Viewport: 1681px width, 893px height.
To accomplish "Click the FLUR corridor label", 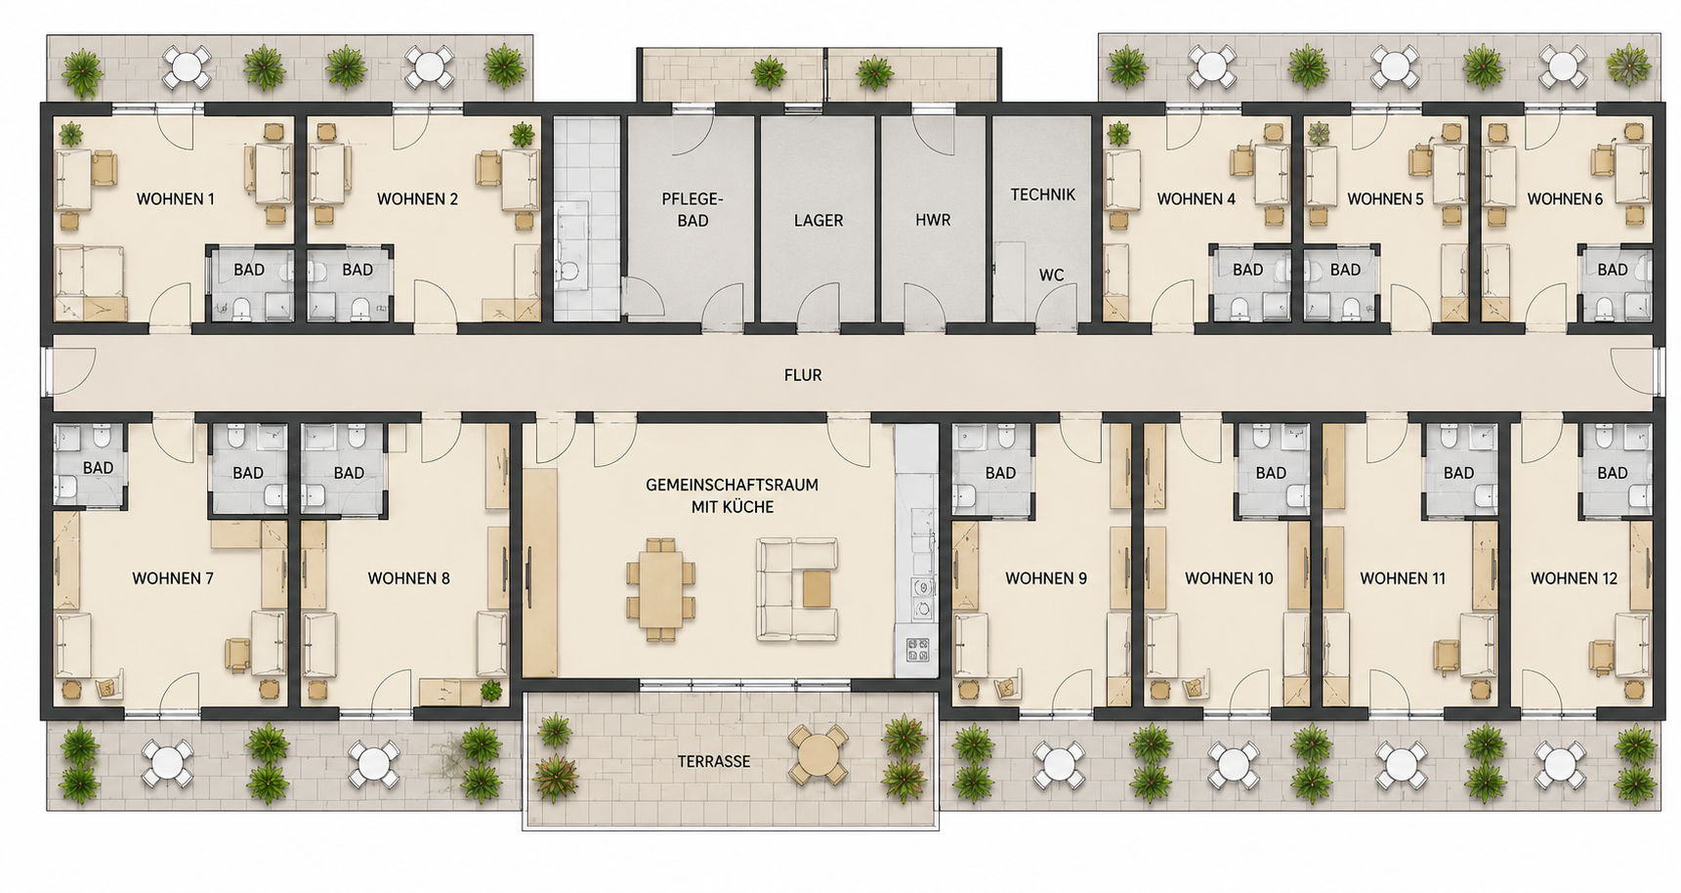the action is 803,375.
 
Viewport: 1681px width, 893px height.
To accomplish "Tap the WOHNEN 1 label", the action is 176,199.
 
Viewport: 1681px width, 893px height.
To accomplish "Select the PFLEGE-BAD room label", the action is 693,209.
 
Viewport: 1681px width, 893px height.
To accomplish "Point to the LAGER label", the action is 819,221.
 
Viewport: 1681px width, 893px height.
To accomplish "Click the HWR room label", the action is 933,221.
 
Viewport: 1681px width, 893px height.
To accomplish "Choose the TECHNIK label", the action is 1043,194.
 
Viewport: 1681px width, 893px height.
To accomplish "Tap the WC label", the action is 1051,276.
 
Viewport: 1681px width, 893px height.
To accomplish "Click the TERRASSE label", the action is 714,761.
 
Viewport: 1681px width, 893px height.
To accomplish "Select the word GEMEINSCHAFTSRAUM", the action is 733,485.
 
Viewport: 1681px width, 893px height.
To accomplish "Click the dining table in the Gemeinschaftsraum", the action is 662,589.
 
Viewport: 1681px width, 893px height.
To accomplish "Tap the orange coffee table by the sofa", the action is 817,588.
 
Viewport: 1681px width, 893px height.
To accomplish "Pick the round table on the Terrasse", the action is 819,754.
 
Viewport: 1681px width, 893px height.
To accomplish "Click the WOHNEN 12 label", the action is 1574,578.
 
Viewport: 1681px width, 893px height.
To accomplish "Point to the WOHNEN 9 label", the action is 1046,578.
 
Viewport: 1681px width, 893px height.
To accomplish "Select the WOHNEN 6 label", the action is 1565,199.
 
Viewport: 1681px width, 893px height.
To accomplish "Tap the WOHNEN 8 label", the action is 408,578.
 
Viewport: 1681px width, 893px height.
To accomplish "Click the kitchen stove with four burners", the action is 917,650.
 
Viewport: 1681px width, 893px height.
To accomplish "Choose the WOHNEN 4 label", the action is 1197,199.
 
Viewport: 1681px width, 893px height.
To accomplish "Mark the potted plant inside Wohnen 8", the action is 491,691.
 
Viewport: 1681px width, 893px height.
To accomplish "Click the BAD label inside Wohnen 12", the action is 1613,473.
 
